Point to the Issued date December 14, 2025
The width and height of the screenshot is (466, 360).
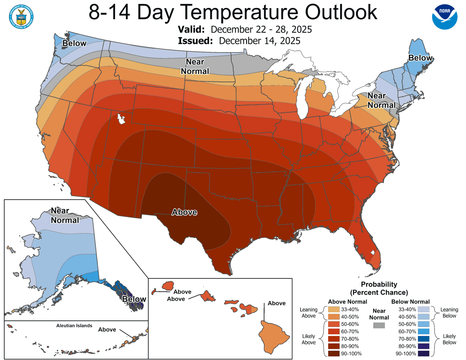[x=259, y=41]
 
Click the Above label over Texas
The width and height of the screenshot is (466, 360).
[x=184, y=212]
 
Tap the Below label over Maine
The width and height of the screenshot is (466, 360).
[x=420, y=58]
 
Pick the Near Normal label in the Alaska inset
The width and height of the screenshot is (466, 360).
[x=64, y=216]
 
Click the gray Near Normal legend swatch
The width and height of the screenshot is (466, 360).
[x=379, y=325]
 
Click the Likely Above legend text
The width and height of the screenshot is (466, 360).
[x=309, y=339]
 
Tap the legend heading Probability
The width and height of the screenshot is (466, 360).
[x=379, y=284]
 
